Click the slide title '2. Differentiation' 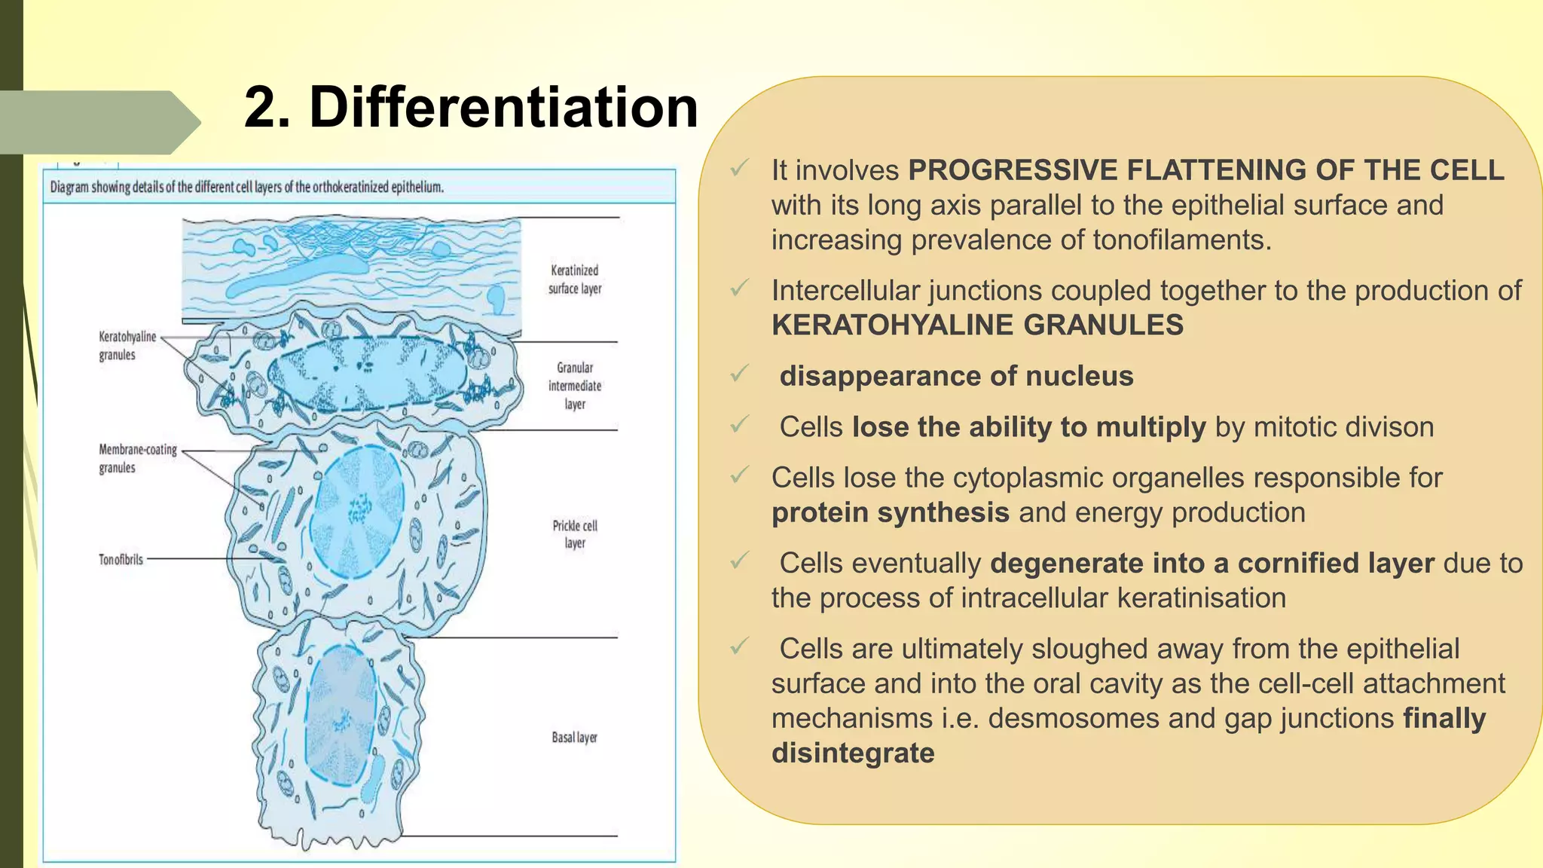pyautogui.click(x=471, y=107)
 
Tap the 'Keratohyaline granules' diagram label pyautogui.click(x=127, y=346)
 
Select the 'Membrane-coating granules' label pyautogui.click(x=137, y=458)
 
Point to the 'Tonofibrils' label pyautogui.click(x=121, y=559)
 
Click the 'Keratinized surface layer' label pyautogui.click(x=575, y=280)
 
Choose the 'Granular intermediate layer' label pyautogui.click(x=575, y=386)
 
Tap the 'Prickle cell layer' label pyautogui.click(x=575, y=534)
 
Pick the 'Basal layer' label pyautogui.click(x=574, y=737)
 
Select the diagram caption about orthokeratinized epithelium pyautogui.click(x=246, y=187)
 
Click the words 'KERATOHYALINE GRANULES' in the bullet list pyautogui.click(x=977, y=325)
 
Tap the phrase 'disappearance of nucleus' pyautogui.click(x=956, y=376)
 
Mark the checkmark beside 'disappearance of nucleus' pyautogui.click(x=739, y=374)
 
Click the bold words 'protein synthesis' pyautogui.click(x=890, y=513)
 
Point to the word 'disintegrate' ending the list pyautogui.click(x=852, y=753)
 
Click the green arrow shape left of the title pyautogui.click(x=98, y=122)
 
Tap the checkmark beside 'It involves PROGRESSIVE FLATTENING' pyautogui.click(x=739, y=167)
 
